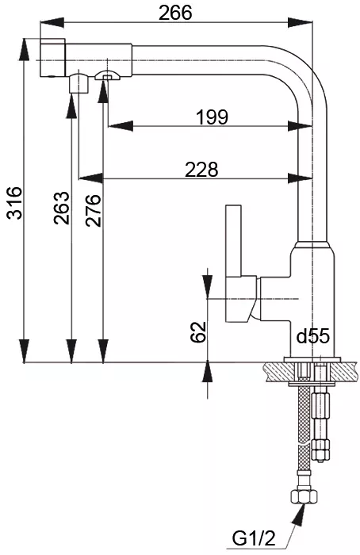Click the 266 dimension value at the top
[175, 13]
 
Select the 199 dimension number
[213, 117]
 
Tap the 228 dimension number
[201, 170]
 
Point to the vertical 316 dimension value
[15, 203]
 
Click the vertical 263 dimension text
[62, 208]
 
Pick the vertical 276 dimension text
[93, 210]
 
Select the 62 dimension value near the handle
[198, 332]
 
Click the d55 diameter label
[313, 336]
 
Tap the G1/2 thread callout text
[254, 539]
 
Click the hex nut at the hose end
[304, 496]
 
